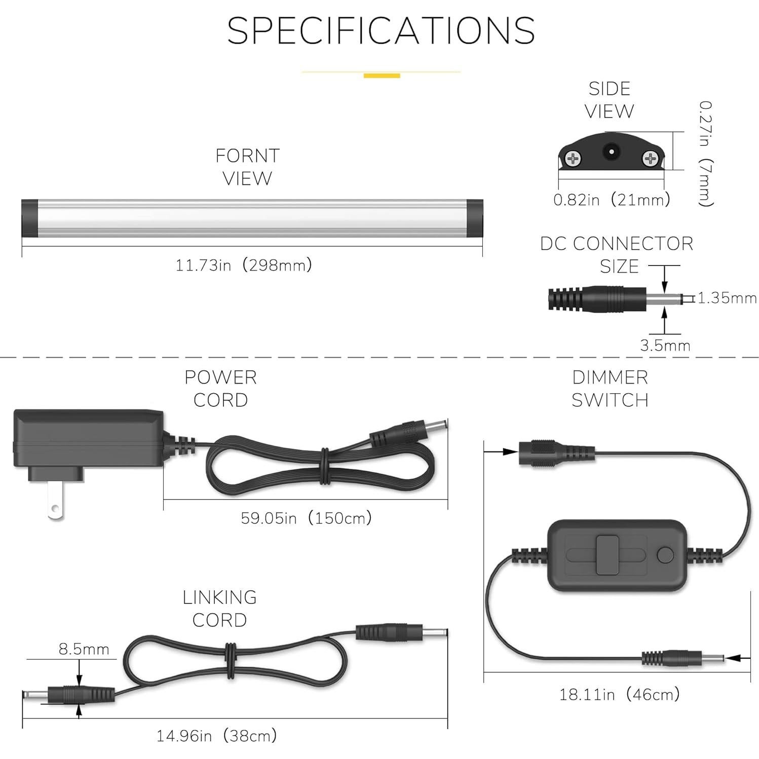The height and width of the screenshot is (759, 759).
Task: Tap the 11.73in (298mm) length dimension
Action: click(x=244, y=265)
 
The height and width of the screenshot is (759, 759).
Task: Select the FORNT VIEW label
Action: click(x=247, y=167)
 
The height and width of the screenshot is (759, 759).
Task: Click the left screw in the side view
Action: click(x=573, y=159)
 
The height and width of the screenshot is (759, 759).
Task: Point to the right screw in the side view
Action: click(x=650, y=159)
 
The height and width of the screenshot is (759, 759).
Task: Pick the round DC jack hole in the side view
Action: click(x=611, y=152)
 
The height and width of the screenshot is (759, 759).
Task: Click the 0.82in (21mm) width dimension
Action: click(x=612, y=200)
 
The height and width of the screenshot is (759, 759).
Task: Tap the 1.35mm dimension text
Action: click(x=727, y=298)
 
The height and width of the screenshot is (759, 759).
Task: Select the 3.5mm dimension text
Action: click(x=665, y=346)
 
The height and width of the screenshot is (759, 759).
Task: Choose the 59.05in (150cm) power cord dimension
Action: click(x=306, y=518)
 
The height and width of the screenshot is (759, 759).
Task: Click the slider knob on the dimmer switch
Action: click(x=609, y=555)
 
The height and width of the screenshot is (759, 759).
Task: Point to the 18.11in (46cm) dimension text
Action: click(x=619, y=694)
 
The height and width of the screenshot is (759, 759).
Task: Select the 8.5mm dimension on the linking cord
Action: click(x=84, y=649)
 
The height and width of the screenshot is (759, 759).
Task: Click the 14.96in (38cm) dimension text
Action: click(x=216, y=736)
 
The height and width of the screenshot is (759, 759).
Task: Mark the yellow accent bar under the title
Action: click(x=382, y=76)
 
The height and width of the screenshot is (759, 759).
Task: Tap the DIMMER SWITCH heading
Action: click(x=610, y=389)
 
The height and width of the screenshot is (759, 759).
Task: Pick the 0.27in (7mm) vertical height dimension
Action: click(x=706, y=154)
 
